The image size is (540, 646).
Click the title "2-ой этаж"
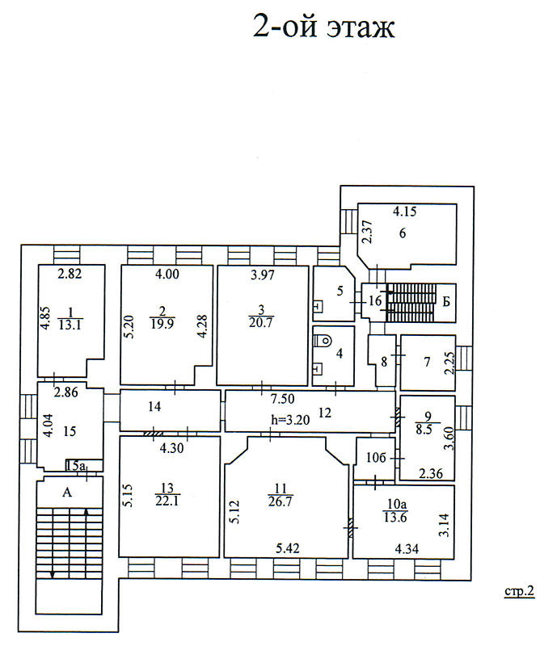click(324, 27)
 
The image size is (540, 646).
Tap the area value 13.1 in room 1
click(70, 325)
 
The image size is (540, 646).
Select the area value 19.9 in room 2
click(162, 324)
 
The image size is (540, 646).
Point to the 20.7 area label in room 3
click(261, 322)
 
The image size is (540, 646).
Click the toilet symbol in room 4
click(323, 341)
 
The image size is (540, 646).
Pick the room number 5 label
click(340, 291)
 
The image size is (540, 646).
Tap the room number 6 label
click(403, 233)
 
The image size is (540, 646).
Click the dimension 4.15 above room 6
click(404, 212)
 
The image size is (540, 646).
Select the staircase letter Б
click(446, 301)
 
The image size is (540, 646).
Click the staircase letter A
click(67, 492)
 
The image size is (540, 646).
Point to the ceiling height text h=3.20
click(290, 420)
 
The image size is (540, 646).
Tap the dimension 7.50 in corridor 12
click(283, 399)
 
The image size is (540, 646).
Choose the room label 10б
click(376, 457)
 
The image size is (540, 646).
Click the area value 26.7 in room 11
click(281, 501)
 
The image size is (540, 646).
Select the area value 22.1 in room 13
click(167, 501)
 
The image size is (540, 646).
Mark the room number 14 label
click(154, 407)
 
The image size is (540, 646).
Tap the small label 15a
click(75, 466)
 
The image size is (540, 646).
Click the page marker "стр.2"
click(520, 592)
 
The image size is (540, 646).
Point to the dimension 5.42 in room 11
click(288, 548)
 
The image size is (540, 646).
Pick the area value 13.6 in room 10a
click(395, 517)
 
